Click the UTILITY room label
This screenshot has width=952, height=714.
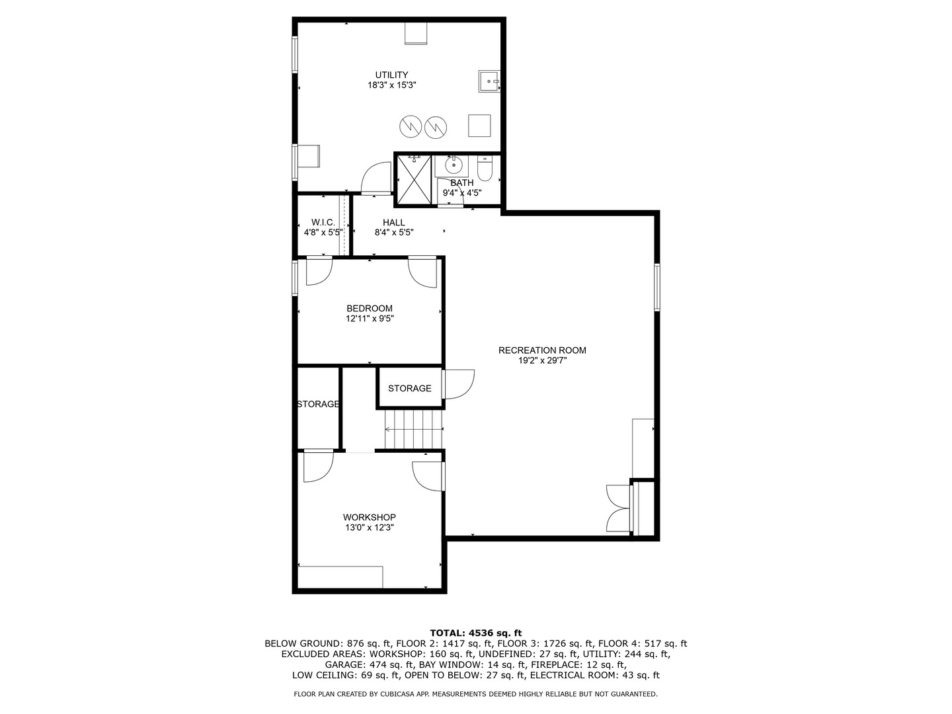(x=391, y=75)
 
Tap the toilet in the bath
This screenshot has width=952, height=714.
(x=485, y=169)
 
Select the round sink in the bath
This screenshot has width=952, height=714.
(x=454, y=165)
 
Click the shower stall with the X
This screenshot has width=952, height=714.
(x=415, y=179)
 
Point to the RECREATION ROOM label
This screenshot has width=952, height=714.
(x=542, y=350)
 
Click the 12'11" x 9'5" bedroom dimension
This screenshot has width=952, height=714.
(x=370, y=319)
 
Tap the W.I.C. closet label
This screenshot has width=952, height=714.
(x=323, y=222)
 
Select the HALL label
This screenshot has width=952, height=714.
(x=394, y=222)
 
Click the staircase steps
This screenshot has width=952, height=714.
(x=414, y=429)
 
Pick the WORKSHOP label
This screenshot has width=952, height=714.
(x=369, y=517)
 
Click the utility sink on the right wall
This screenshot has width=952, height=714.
(x=489, y=81)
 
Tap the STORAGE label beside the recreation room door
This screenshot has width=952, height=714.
(x=409, y=389)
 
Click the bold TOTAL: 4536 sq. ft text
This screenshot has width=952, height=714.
(x=476, y=633)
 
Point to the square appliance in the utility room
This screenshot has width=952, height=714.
(x=479, y=126)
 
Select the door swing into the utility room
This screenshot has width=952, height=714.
(x=376, y=177)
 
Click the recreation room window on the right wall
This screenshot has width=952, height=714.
(x=656, y=287)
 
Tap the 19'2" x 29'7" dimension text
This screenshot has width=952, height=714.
(x=543, y=361)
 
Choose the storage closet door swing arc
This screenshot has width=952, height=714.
(x=459, y=384)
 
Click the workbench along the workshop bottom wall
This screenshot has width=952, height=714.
(x=340, y=576)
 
